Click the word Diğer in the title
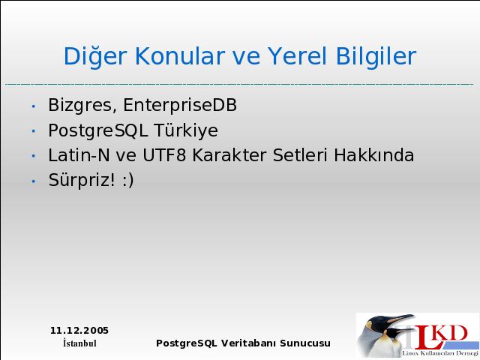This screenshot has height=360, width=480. (x=95, y=57)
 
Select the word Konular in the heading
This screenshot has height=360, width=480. (x=180, y=55)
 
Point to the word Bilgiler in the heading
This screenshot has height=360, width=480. (x=376, y=57)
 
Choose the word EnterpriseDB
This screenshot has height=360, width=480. (x=180, y=106)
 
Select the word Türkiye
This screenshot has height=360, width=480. (x=186, y=130)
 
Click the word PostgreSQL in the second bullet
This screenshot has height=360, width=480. (x=98, y=130)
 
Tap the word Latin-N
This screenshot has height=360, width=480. (x=79, y=155)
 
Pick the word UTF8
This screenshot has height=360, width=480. (x=164, y=155)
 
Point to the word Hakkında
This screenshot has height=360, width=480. (x=373, y=155)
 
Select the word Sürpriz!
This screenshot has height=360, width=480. (x=82, y=180)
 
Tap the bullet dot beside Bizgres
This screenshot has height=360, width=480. (x=34, y=106)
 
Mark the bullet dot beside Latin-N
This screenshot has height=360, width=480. (x=34, y=156)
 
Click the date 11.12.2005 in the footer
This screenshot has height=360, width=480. (x=79, y=331)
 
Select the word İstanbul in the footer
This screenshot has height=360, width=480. (x=79, y=343)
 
